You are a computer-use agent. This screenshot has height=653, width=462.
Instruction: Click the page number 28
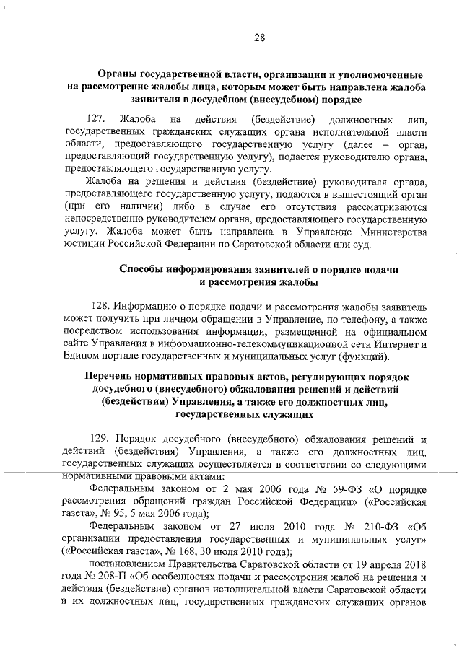[259, 38]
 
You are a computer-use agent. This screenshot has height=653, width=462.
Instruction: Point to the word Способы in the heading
[141, 268]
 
